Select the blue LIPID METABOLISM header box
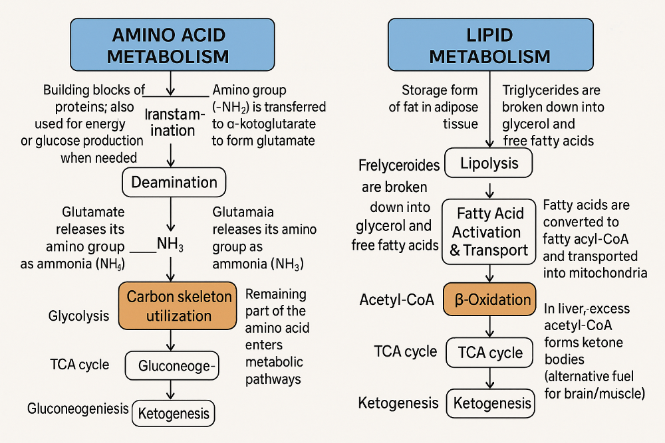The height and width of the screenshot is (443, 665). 489,45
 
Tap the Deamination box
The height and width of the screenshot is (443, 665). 174,182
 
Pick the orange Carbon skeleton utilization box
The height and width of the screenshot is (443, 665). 178,306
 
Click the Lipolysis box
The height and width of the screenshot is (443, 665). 489,163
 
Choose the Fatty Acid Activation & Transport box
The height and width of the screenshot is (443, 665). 489,232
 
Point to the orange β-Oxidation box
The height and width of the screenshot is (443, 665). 492,300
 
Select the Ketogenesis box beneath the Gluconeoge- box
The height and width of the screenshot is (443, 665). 174,414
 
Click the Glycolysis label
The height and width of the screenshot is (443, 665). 78,316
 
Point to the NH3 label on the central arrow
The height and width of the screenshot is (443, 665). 170,244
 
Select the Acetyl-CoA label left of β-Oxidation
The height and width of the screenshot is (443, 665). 396,300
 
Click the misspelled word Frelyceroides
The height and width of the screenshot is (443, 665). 399,165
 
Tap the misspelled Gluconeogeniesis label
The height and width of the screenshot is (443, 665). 78,408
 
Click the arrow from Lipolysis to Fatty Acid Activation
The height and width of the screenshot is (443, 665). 490,189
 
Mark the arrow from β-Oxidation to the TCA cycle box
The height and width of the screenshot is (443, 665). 491,326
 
